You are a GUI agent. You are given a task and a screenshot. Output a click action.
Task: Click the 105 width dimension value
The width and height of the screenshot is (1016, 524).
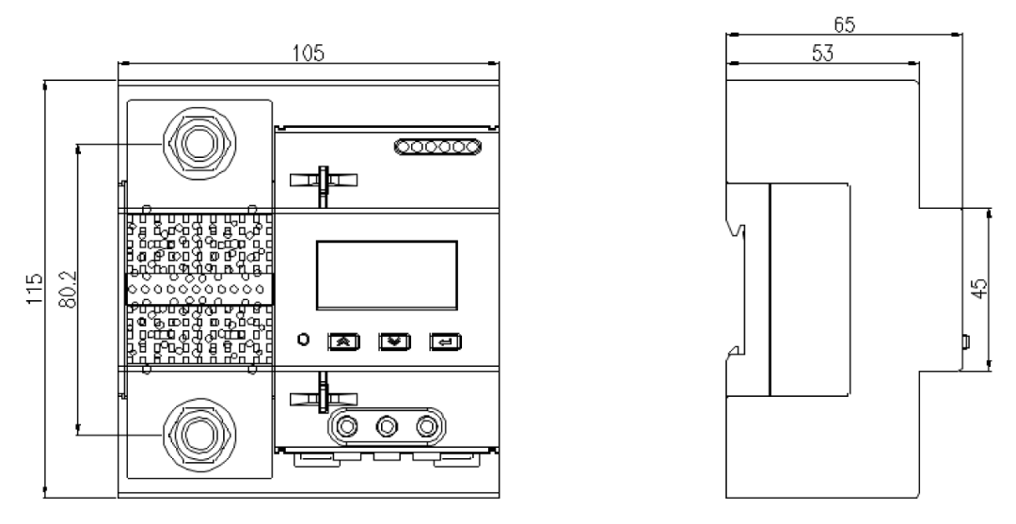tap(308, 53)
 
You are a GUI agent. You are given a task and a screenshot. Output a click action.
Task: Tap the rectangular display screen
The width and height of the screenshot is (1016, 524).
tap(386, 274)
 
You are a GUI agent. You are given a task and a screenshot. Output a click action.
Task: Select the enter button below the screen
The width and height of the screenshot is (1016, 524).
tap(443, 341)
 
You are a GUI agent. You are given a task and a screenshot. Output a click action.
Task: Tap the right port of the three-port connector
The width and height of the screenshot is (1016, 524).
tap(426, 426)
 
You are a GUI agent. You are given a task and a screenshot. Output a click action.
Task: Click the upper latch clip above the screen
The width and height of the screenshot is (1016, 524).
tap(321, 179)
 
